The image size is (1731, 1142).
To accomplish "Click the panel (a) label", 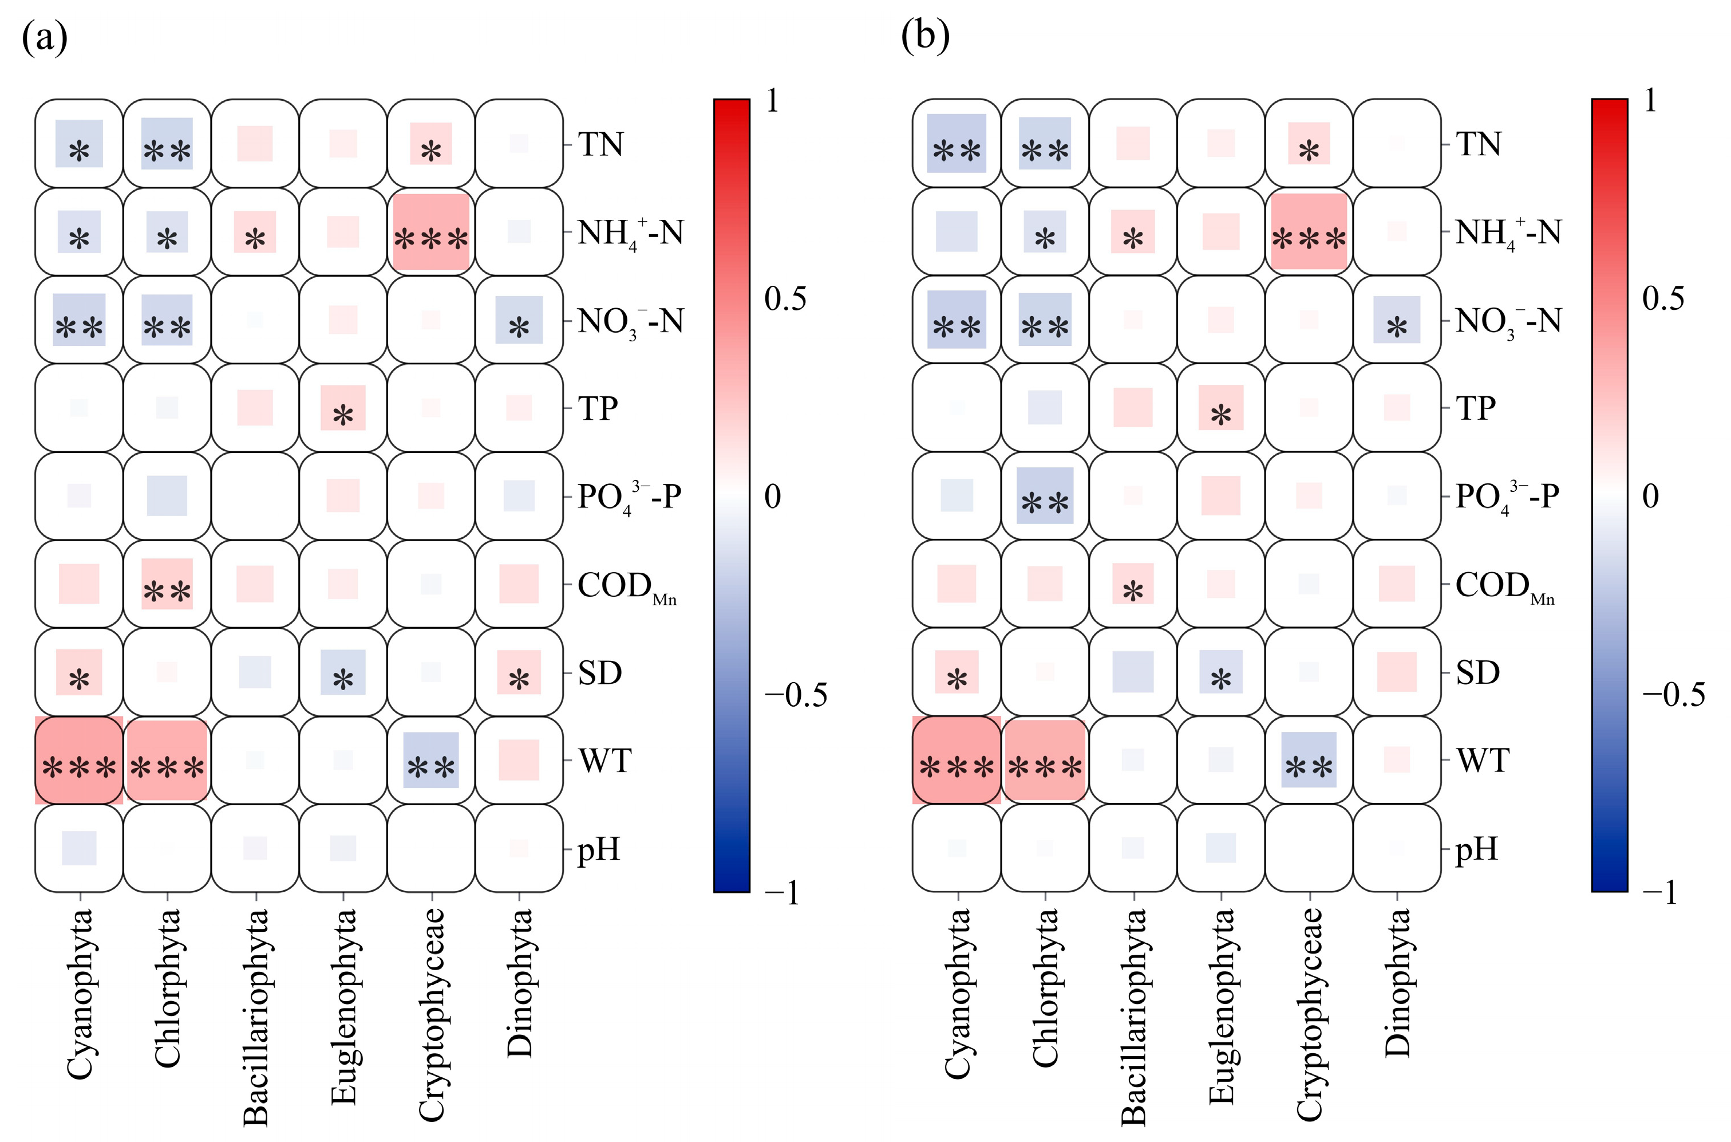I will point(45,37).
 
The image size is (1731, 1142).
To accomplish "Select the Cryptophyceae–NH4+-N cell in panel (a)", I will point(431,231).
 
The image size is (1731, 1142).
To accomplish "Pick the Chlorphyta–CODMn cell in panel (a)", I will point(167,584).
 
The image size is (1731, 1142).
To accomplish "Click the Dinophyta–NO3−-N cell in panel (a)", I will point(519,320).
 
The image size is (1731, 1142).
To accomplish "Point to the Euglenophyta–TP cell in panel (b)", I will point(1221,408).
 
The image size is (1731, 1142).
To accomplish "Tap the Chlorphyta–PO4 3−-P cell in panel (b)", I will point(1045,496).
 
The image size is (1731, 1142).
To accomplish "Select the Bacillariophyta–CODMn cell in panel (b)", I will point(1133,584).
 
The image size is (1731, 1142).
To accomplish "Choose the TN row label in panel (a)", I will point(600,144).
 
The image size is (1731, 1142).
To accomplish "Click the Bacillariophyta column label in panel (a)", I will point(255,1016).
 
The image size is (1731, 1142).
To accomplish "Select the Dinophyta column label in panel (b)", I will point(1397,983).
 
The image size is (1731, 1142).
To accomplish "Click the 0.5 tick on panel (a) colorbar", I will point(785,298).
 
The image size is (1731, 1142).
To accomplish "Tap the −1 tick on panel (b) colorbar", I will point(1659,892).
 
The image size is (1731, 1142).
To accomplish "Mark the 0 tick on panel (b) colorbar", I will point(1651,497).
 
